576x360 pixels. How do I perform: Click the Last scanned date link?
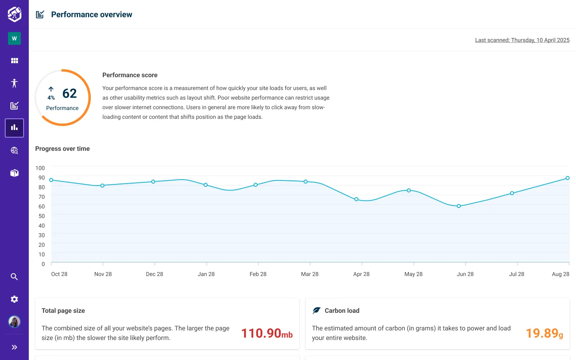point(522,40)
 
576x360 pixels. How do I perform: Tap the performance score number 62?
point(70,94)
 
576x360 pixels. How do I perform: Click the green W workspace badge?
point(14,38)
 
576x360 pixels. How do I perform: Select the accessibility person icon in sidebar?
point(14,83)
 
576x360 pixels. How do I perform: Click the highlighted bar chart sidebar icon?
point(14,128)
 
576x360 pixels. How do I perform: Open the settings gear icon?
point(14,299)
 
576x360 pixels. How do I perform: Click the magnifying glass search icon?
point(14,277)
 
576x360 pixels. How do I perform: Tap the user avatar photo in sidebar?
point(14,322)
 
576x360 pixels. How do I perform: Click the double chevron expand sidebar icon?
point(14,347)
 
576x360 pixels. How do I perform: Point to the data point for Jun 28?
point(459,206)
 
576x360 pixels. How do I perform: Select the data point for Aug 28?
point(567,178)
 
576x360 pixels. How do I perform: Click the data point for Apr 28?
point(356,199)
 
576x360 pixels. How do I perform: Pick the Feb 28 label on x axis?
point(258,274)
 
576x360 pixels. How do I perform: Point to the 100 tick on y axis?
point(40,168)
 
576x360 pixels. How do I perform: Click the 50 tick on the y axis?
point(42,216)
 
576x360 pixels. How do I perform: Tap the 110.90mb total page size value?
point(267,333)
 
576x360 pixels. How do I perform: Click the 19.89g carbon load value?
point(544,333)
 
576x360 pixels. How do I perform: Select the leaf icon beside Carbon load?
point(316,310)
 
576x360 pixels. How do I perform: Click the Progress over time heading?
point(62,148)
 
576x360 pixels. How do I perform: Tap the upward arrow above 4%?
point(51,89)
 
